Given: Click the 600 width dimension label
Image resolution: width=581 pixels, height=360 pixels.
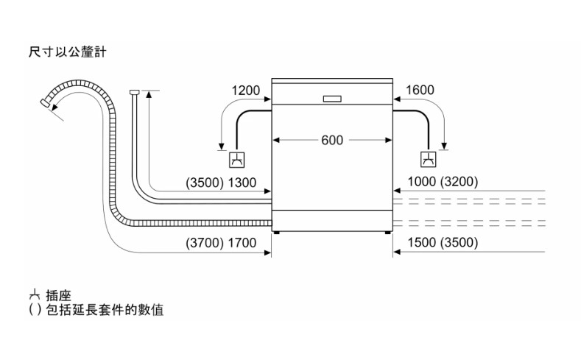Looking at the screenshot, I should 331,140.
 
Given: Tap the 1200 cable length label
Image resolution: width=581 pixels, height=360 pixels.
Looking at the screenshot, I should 245,91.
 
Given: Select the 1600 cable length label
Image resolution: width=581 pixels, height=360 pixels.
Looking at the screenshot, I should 420,91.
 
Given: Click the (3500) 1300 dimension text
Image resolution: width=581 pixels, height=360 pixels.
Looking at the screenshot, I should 221,183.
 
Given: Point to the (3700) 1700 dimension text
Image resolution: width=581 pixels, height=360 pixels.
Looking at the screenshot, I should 221,242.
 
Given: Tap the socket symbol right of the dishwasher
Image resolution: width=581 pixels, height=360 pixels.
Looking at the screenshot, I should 428,159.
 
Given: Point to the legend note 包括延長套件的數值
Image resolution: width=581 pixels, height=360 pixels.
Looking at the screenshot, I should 102,310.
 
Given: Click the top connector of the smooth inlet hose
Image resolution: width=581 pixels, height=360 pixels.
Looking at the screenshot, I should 134,92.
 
